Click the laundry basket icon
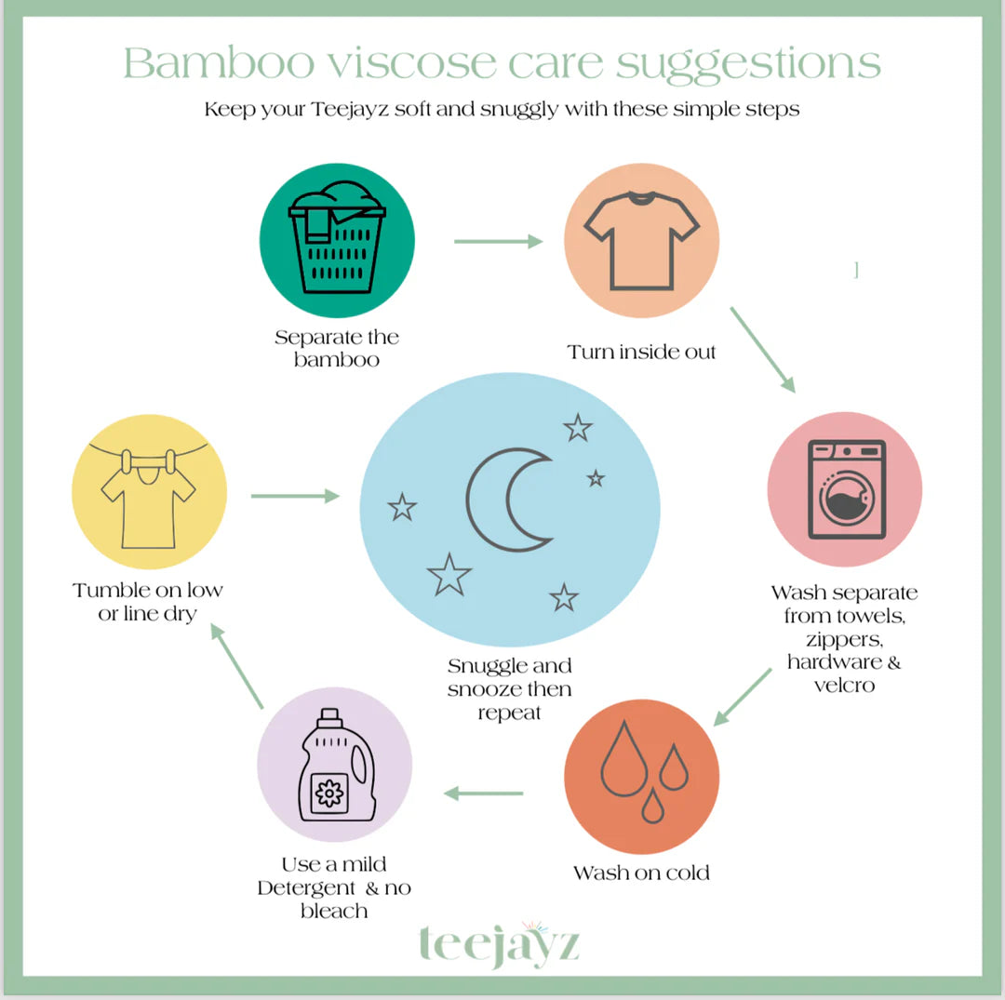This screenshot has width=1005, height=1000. click(x=337, y=237)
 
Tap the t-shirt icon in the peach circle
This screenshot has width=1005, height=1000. click(x=641, y=241)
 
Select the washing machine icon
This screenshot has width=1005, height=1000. click(x=846, y=489)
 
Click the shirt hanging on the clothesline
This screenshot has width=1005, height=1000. click(x=148, y=506)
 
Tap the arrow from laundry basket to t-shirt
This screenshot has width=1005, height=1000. click(x=498, y=242)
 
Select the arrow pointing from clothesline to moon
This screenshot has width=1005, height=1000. click(x=295, y=496)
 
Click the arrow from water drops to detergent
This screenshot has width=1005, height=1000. click(x=483, y=793)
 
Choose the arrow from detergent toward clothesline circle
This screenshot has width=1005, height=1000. click(x=236, y=666)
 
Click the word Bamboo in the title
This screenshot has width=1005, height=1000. click(x=219, y=63)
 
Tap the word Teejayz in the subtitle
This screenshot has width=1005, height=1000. click(x=350, y=110)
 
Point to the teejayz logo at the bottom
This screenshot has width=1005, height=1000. click(x=500, y=943)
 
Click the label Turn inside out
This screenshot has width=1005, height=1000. click(x=641, y=352)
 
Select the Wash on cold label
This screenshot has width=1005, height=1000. click(x=641, y=873)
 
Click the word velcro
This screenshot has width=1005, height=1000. click(x=844, y=686)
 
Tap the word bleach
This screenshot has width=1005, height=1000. click(x=334, y=911)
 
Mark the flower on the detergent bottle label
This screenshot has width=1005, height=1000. click(x=329, y=793)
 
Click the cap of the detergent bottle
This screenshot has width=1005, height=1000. click(x=329, y=717)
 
